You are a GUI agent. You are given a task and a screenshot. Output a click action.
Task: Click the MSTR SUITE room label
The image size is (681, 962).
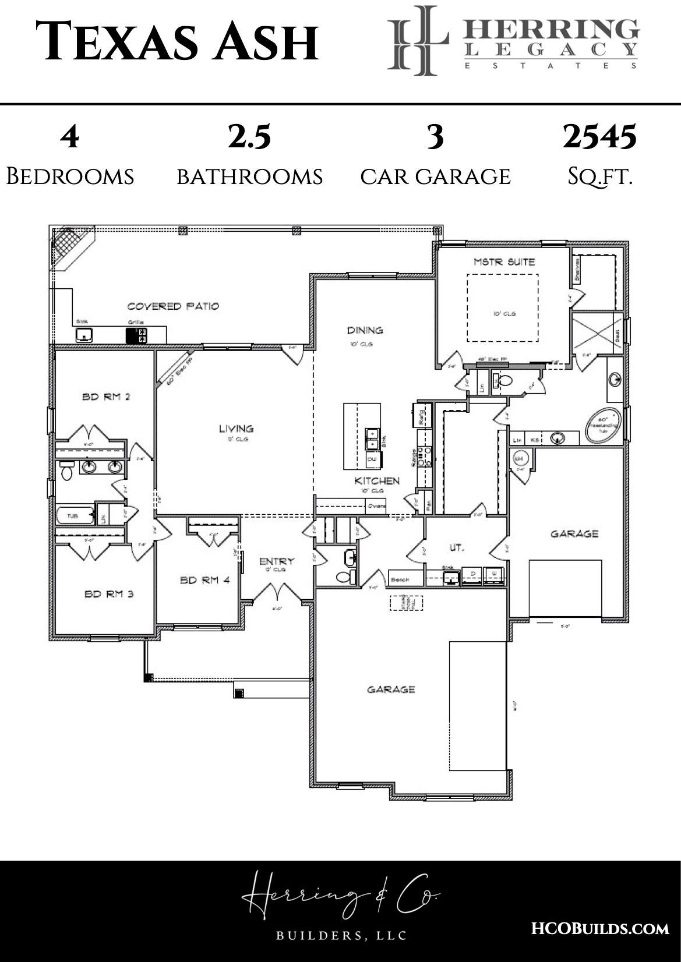pyautogui.click(x=504, y=262)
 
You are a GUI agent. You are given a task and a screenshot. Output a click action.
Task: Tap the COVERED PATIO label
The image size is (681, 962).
pyautogui.click(x=173, y=306)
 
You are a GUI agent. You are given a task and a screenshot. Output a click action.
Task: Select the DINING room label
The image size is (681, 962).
pyautogui.click(x=365, y=330)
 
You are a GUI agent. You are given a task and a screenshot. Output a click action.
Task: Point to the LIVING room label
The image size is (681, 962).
pyautogui.click(x=236, y=429)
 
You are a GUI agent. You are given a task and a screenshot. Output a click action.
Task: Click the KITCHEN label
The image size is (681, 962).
pyautogui.click(x=377, y=481)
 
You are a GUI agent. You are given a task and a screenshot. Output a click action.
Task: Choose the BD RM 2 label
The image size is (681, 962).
pyautogui.click(x=105, y=397)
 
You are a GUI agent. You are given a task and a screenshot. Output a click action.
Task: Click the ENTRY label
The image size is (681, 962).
pyautogui.click(x=277, y=561)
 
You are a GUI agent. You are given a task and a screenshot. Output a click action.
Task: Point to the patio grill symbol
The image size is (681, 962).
pyautogui.click(x=136, y=335)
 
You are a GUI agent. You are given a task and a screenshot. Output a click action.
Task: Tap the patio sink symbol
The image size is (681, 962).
pyautogui.click(x=85, y=335)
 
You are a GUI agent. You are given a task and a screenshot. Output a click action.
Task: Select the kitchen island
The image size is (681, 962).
pyautogui.click(x=361, y=436)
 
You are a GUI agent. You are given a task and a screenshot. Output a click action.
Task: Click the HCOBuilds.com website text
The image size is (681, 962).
pyautogui.click(x=600, y=928)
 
